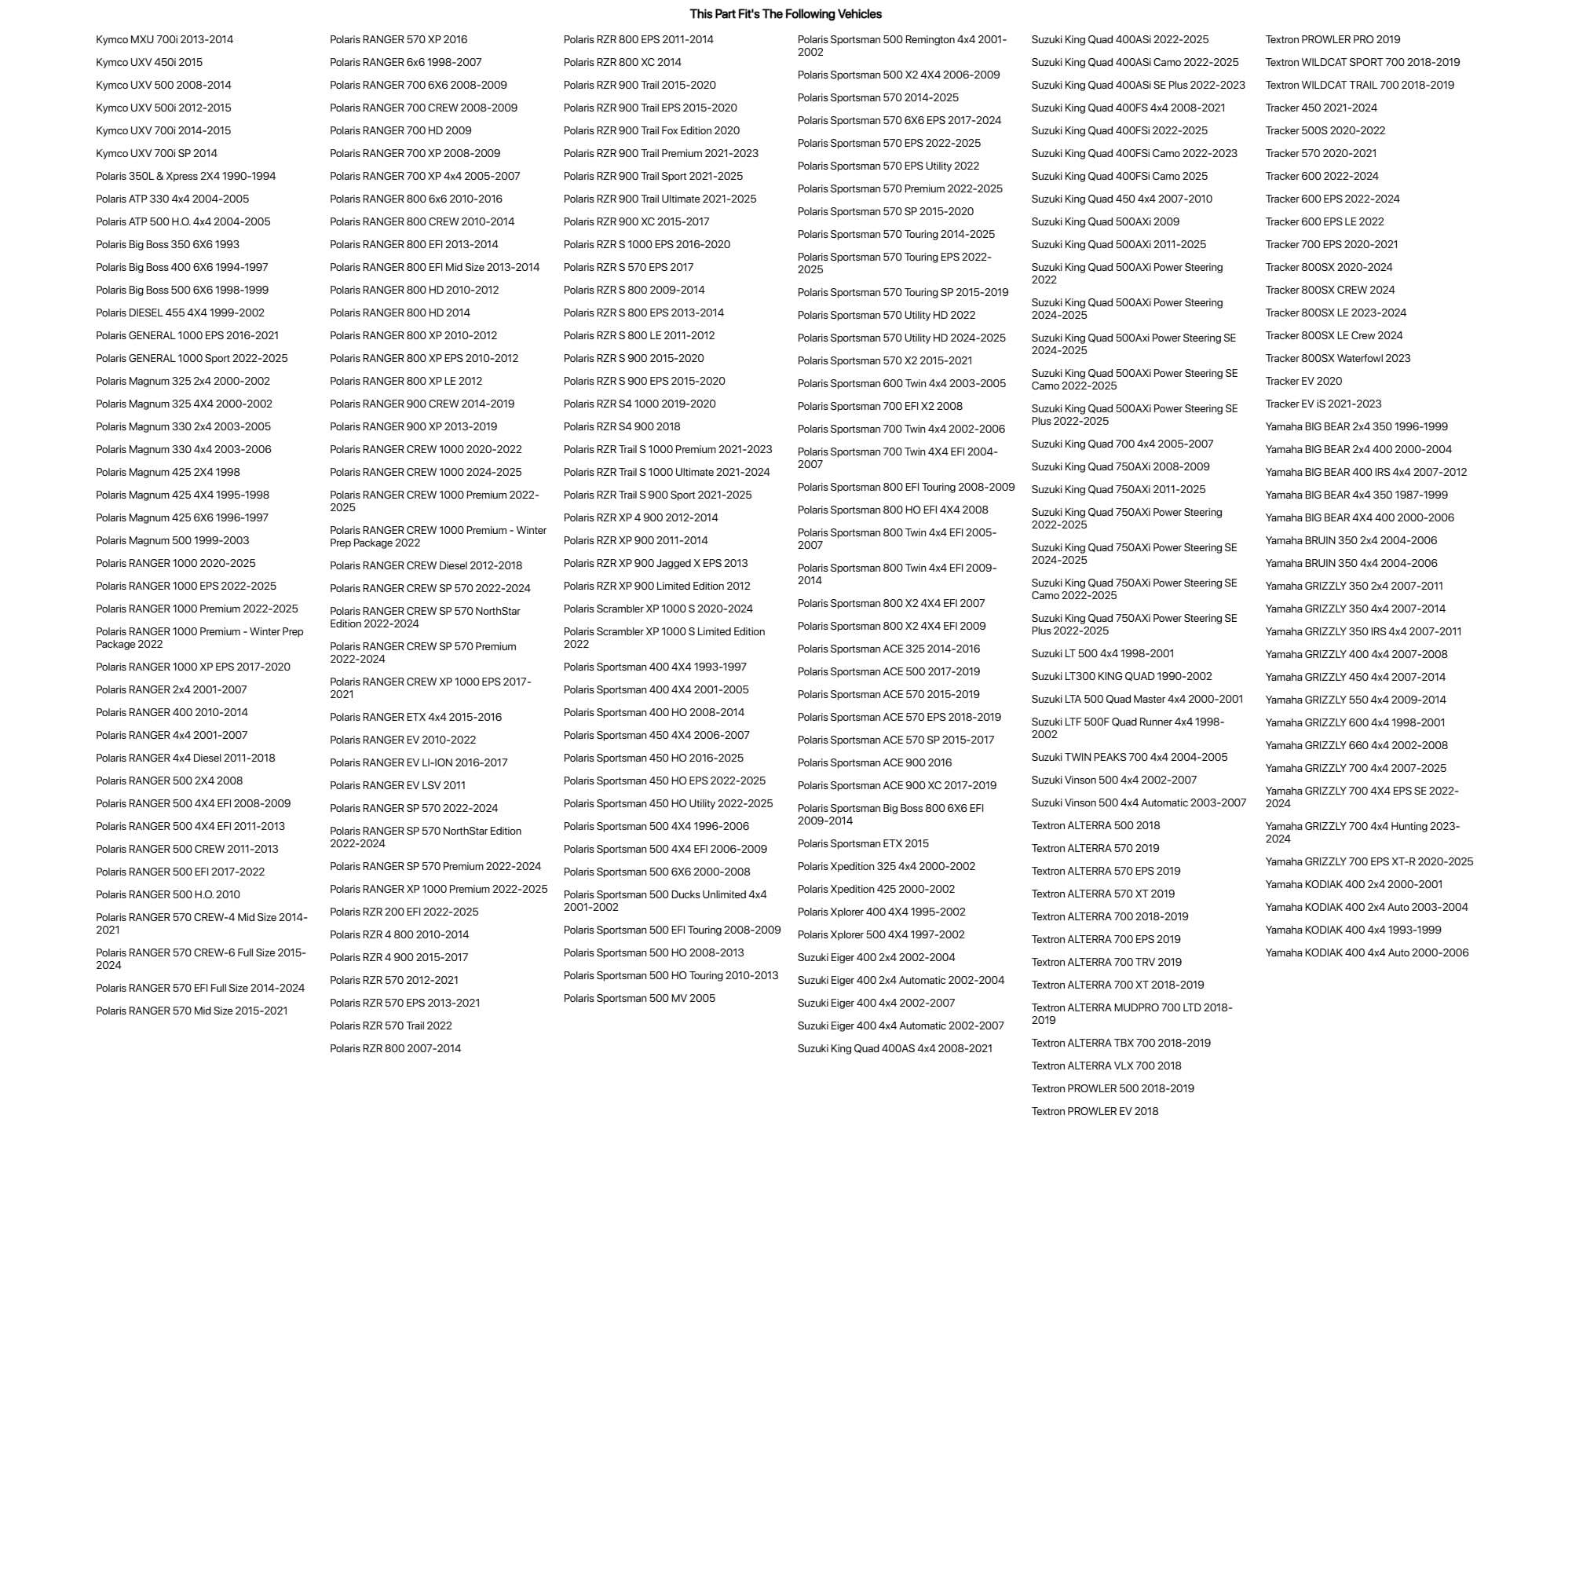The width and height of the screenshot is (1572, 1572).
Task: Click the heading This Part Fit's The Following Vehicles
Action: pos(785,14)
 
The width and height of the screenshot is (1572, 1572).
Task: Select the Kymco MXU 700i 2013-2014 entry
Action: pos(164,39)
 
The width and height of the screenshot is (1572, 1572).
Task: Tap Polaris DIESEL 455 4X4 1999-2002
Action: pos(180,313)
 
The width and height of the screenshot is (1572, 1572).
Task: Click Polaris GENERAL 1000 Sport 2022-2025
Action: pos(192,358)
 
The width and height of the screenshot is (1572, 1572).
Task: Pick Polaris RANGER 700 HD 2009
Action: pos(400,130)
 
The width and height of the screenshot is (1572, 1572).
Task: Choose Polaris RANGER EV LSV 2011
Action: pos(397,785)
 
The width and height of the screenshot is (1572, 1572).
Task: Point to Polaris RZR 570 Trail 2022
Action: pos(390,1025)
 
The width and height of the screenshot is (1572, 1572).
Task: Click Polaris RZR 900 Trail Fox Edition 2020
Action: pos(651,130)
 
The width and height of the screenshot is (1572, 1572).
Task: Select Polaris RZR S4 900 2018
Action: pos(622,426)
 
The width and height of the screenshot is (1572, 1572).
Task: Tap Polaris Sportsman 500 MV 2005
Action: pos(638,998)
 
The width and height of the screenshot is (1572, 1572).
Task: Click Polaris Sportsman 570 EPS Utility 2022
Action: pos(888,166)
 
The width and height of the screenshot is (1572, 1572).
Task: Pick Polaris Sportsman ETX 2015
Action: pos(862,844)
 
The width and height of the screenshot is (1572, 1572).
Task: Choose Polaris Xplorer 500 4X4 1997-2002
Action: pos(880,935)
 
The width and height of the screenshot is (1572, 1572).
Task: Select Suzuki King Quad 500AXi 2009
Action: pos(1105,221)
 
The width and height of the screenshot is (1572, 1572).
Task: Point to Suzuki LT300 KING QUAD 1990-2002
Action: pos(1121,676)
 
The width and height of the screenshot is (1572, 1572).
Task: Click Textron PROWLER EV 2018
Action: pos(1095,1111)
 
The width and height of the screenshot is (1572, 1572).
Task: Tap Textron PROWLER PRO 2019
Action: pos(1332,39)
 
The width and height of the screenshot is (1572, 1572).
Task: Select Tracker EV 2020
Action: pos(1303,381)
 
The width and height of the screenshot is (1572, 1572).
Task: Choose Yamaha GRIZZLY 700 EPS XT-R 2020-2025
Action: pos(1369,861)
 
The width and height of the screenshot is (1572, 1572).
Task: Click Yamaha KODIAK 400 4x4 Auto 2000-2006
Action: pos(1366,952)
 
